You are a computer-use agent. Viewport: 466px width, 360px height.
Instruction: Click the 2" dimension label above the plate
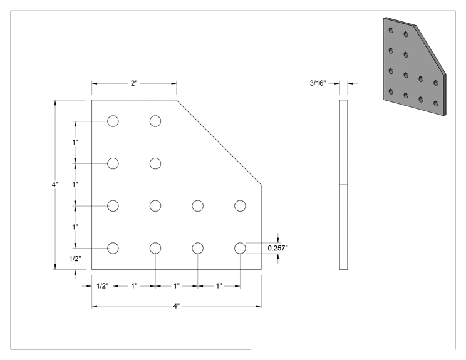pyautogui.click(x=134, y=83)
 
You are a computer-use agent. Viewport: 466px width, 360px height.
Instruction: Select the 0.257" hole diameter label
pyautogui.click(x=277, y=248)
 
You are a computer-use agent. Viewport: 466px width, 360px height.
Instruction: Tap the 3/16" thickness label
pyautogui.click(x=318, y=83)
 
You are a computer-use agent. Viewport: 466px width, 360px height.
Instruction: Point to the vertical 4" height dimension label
pyautogui.click(x=55, y=185)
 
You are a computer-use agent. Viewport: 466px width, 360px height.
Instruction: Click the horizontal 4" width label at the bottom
pyautogui.click(x=177, y=306)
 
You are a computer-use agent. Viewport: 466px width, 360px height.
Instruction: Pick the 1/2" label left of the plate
pyautogui.click(x=75, y=259)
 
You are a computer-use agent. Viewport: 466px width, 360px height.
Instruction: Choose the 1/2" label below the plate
pyautogui.click(x=103, y=286)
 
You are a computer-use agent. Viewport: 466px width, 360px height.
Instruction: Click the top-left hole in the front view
pyautogui.click(x=113, y=121)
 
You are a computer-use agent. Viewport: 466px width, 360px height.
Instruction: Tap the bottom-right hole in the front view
pyautogui.click(x=240, y=248)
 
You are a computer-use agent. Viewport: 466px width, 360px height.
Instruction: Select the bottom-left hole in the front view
pyautogui.click(x=113, y=248)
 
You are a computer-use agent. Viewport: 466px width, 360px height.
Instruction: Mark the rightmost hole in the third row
pyautogui.click(x=240, y=205)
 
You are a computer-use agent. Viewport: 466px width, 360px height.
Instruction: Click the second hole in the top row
pyautogui.click(x=155, y=121)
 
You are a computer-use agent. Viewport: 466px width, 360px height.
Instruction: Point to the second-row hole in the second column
pyautogui.click(x=155, y=163)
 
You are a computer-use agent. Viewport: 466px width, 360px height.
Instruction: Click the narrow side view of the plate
pyautogui.click(x=344, y=185)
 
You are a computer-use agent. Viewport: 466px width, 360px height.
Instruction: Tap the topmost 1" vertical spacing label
pyautogui.click(x=75, y=142)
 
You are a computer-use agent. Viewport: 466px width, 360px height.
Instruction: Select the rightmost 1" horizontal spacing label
pyautogui.click(x=219, y=286)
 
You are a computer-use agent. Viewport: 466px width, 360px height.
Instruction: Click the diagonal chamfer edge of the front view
pyautogui.click(x=219, y=142)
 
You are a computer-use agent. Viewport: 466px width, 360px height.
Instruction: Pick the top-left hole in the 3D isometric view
pyautogui.click(x=391, y=30)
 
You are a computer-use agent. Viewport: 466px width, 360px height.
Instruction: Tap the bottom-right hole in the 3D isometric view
pyautogui.click(x=436, y=103)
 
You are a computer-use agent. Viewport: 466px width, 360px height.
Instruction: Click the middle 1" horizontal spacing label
pyautogui.click(x=177, y=286)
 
